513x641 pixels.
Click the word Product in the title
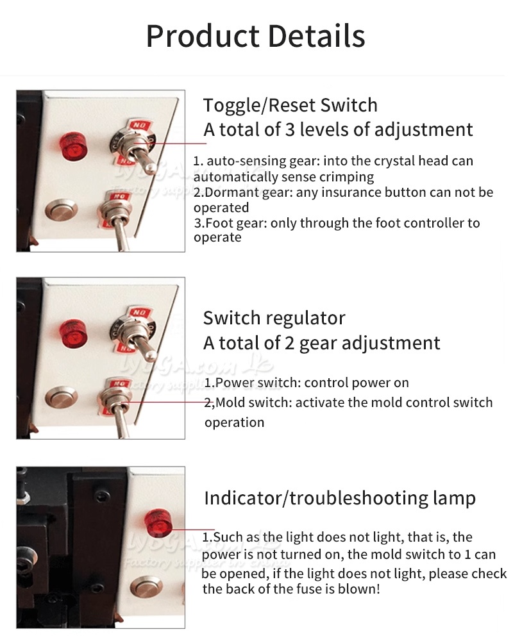point(203,37)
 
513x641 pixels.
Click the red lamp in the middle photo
point(73,333)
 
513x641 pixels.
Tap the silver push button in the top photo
point(62,210)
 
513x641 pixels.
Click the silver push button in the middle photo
point(62,397)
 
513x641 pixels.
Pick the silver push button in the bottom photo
point(146,587)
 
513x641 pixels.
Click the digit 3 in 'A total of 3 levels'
point(290,129)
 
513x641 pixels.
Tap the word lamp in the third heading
point(453,499)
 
